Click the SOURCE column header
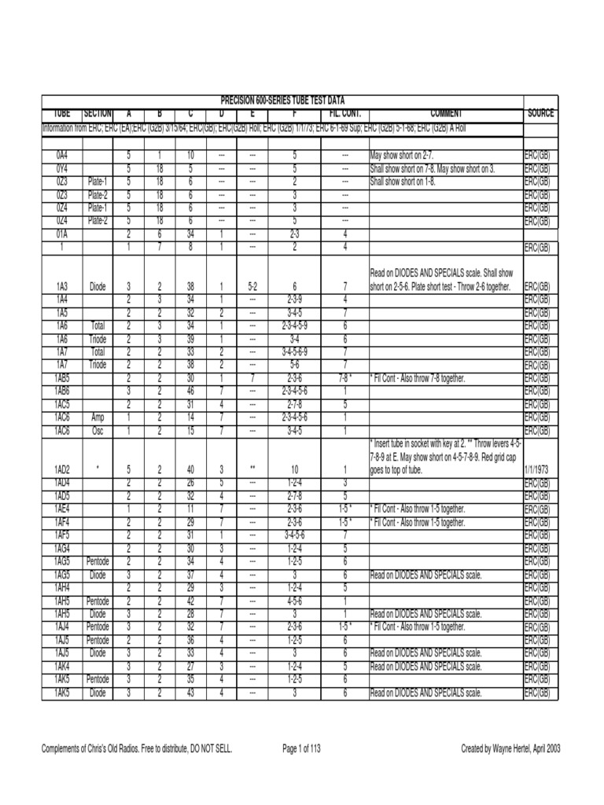541,114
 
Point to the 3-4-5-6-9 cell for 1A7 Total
293,352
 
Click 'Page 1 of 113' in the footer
307,749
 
